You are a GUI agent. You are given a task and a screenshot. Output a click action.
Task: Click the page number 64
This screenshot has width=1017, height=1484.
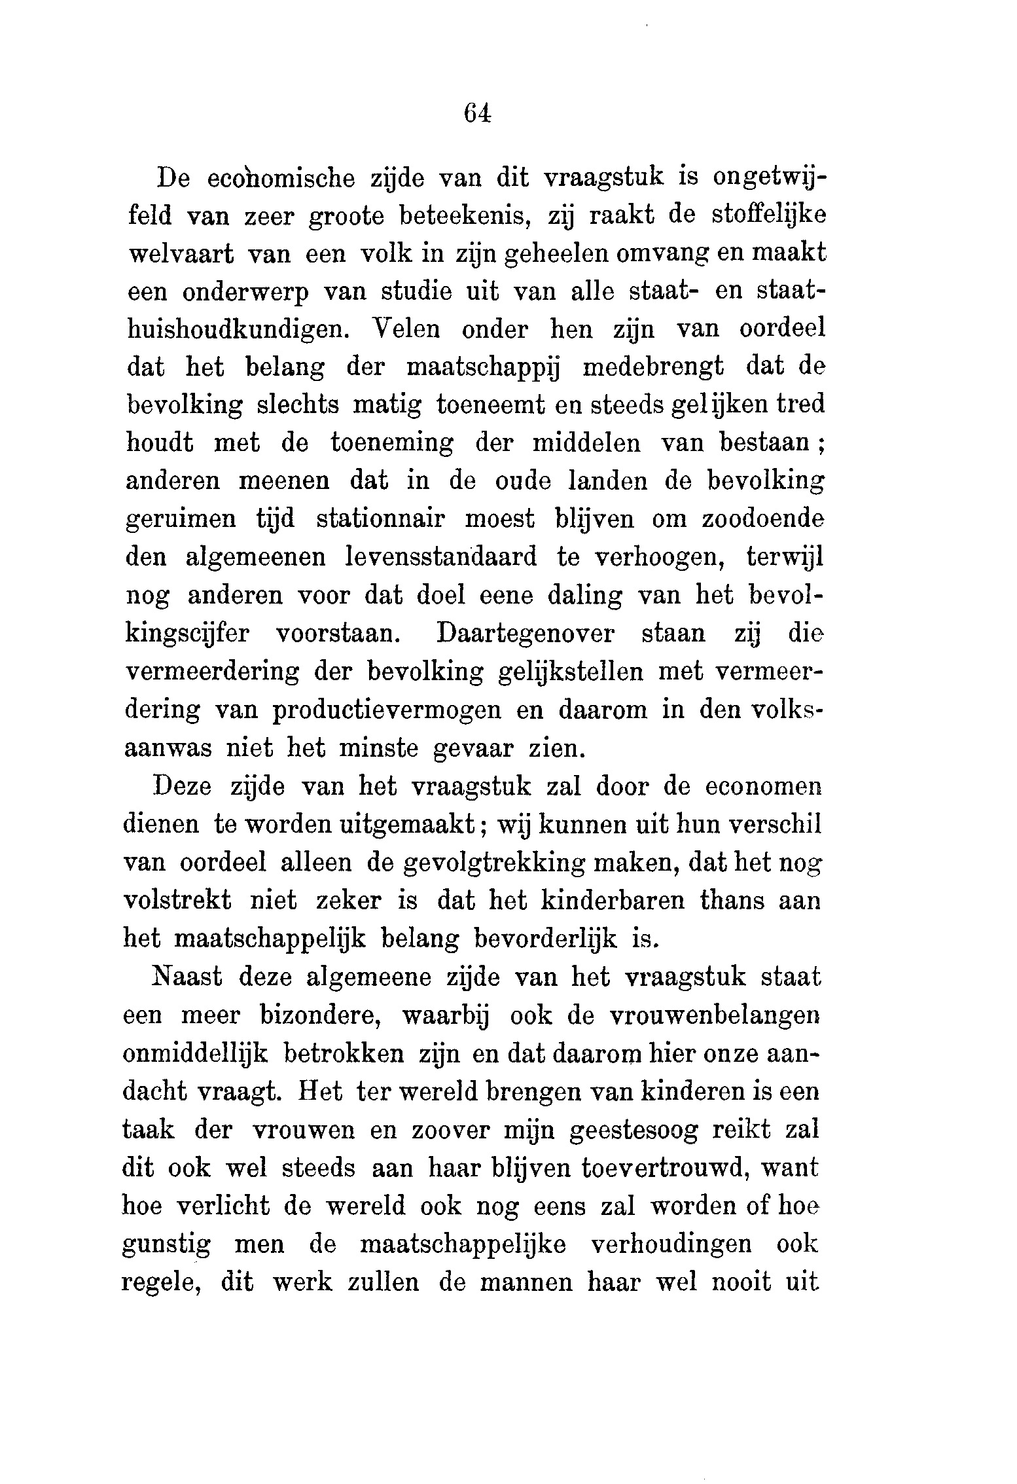coord(476,113)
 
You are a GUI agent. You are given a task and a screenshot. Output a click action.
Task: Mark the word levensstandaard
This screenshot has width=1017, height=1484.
coord(440,557)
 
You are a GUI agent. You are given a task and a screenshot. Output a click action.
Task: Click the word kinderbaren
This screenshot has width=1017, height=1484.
coord(613,901)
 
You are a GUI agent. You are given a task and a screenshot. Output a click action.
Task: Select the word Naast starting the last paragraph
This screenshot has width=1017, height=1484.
coord(187,977)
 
